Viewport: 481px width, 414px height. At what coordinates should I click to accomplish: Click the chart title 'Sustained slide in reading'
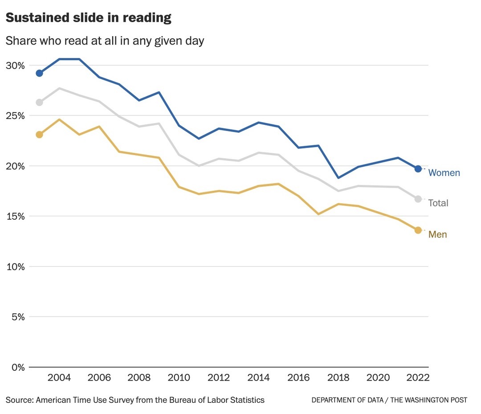pyautogui.click(x=88, y=18)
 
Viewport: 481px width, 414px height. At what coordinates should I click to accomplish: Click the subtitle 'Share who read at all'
pyautogui.click(x=105, y=41)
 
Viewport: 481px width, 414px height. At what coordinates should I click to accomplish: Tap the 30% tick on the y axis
pyautogui.click(x=15, y=66)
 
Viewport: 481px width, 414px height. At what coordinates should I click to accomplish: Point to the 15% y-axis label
pyautogui.click(x=15, y=217)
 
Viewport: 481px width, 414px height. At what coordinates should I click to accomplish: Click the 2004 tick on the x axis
pyautogui.click(x=59, y=378)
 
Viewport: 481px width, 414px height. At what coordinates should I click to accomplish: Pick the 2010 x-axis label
pyautogui.click(x=179, y=378)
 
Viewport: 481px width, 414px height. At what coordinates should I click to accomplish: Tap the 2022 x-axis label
pyautogui.click(x=418, y=378)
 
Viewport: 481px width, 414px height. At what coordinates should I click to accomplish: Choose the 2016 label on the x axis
pyautogui.click(x=298, y=378)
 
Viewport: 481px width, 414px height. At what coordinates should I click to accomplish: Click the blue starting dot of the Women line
pyautogui.click(x=39, y=73)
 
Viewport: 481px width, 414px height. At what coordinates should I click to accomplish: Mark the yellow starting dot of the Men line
pyautogui.click(x=39, y=135)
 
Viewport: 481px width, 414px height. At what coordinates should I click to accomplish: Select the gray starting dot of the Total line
pyautogui.click(x=39, y=102)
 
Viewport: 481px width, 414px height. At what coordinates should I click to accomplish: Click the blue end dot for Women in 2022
pyautogui.click(x=418, y=169)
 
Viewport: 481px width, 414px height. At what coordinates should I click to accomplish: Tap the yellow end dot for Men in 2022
pyautogui.click(x=418, y=230)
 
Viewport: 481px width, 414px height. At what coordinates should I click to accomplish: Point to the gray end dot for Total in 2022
pyautogui.click(x=418, y=199)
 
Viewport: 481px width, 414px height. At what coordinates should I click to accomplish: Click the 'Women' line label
pyautogui.click(x=444, y=173)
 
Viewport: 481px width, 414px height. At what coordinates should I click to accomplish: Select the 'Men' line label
pyautogui.click(x=437, y=234)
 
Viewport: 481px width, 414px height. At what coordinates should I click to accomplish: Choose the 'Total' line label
pyautogui.click(x=438, y=203)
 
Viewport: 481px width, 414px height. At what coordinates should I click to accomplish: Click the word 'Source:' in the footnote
pyautogui.click(x=20, y=400)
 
